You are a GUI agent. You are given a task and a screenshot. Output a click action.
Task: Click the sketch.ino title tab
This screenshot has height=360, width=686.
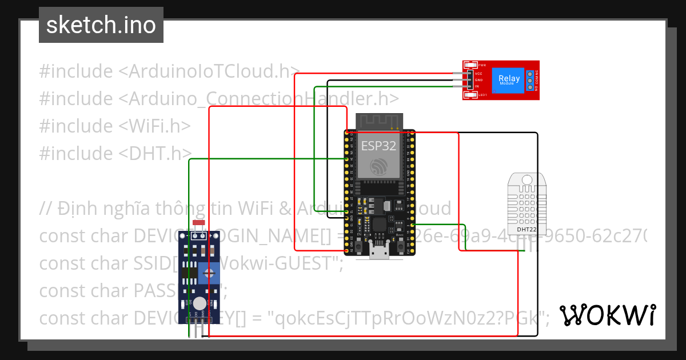[x=101, y=25]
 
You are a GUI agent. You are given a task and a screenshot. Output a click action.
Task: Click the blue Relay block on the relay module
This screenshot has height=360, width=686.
[x=509, y=80]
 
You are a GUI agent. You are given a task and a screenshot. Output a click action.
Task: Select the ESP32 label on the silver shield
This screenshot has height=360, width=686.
[x=378, y=145]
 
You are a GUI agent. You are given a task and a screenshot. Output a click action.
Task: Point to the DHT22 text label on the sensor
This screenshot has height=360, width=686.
[x=526, y=230]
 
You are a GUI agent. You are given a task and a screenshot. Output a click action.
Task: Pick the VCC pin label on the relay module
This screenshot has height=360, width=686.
[x=478, y=73]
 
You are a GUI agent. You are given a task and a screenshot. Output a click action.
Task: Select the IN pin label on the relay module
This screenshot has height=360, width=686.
[x=477, y=86]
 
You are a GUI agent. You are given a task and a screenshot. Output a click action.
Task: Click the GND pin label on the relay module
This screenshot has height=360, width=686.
[x=478, y=80]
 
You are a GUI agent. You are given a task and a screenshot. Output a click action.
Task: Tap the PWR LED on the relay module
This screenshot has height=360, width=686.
[x=470, y=65]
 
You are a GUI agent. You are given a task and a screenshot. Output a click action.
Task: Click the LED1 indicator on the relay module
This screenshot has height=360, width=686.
[x=470, y=95]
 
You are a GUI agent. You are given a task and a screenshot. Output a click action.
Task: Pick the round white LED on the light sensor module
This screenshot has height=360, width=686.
[x=199, y=303]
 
